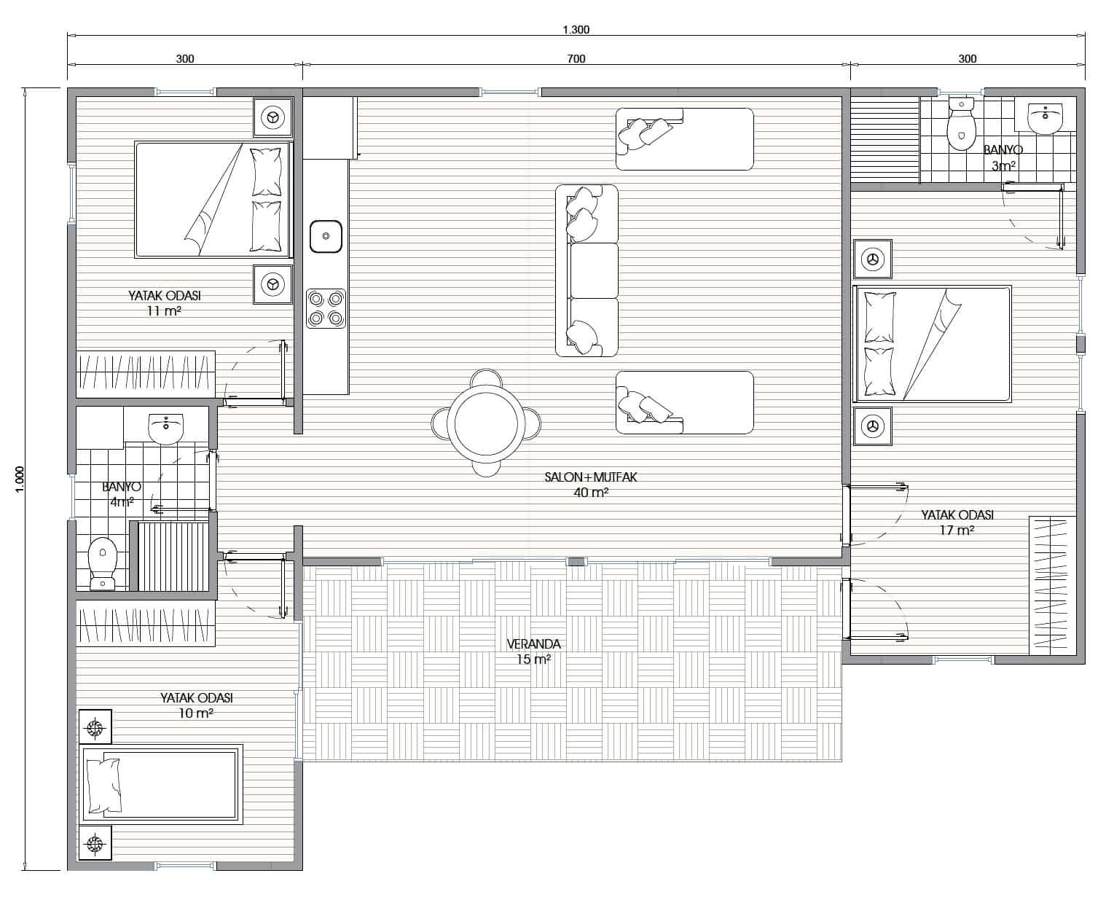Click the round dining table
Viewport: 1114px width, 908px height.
[x=486, y=423]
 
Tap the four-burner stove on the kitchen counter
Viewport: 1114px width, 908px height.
[x=326, y=308]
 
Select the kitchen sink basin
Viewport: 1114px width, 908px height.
[x=326, y=236]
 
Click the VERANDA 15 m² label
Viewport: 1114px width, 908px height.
[x=533, y=651]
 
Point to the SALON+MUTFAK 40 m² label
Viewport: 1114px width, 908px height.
[x=591, y=485]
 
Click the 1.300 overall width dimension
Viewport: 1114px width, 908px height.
[x=576, y=30]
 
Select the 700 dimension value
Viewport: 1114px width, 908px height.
[x=576, y=58]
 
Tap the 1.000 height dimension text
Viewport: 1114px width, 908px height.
[x=20, y=479]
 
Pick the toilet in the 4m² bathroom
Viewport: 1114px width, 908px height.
[x=103, y=564]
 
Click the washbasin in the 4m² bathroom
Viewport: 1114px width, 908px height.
[x=166, y=428]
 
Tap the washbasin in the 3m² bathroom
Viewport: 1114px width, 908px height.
[x=1045, y=118]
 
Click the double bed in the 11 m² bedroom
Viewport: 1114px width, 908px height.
[x=213, y=199]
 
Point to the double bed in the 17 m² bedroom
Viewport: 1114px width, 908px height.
[x=932, y=344]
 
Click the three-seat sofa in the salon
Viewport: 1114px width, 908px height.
[x=587, y=270]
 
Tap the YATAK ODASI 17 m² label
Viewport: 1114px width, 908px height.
[x=957, y=522]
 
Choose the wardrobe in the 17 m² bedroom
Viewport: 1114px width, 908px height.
[x=1048, y=585]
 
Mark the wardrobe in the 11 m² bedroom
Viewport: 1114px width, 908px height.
[x=146, y=374]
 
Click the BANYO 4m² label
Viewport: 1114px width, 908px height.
[x=122, y=494]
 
